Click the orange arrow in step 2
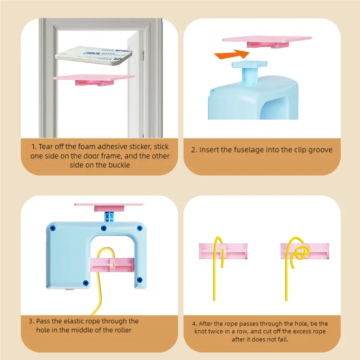click(x=232, y=54)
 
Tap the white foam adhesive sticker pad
click(x=94, y=56)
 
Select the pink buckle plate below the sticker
click(x=94, y=80)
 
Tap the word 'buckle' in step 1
click(x=119, y=165)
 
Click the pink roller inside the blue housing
click(x=112, y=265)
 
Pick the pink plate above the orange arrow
click(x=267, y=41)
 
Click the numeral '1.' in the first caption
click(x=34, y=147)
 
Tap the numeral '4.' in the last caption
click(x=194, y=324)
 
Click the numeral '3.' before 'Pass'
click(x=31, y=321)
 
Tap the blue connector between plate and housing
click(x=109, y=217)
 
